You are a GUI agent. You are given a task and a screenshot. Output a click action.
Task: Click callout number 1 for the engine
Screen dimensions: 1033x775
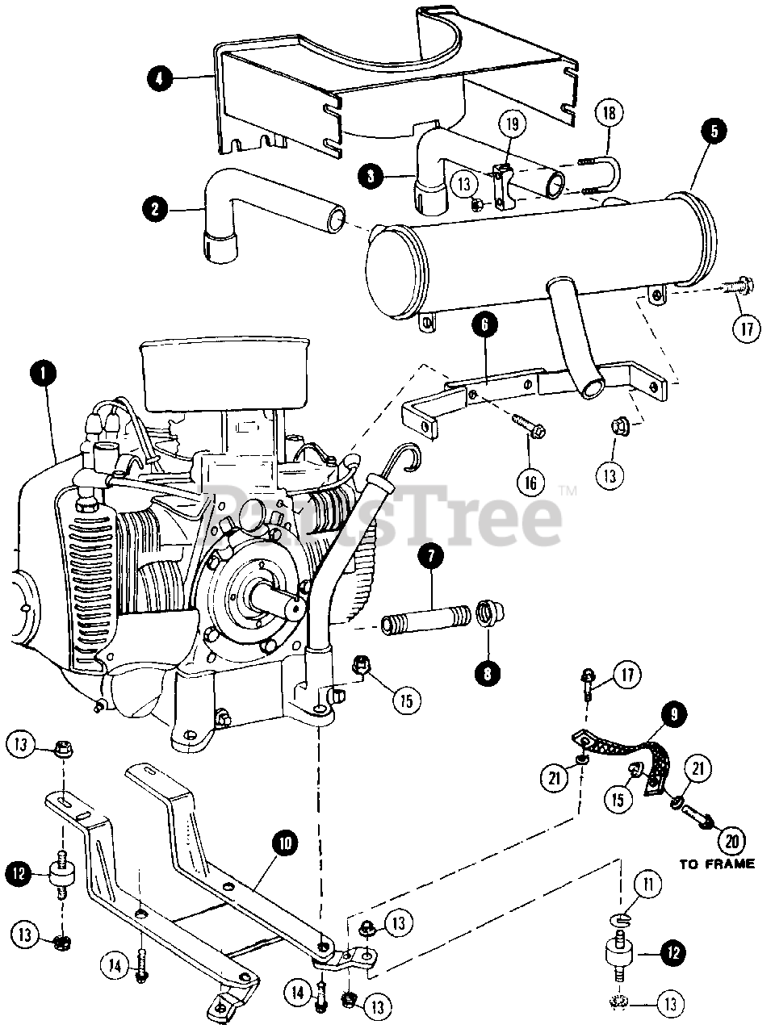(43, 372)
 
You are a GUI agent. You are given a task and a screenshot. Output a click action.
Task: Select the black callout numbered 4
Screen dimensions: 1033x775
(159, 78)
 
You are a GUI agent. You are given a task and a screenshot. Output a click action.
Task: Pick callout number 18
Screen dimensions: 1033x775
(610, 113)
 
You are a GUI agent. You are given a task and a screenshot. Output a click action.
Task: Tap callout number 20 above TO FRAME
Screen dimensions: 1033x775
(731, 839)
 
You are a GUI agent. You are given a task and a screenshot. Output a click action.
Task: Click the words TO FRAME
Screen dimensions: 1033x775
(717, 864)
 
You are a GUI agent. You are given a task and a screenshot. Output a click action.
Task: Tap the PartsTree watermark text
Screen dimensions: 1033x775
(387, 516)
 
